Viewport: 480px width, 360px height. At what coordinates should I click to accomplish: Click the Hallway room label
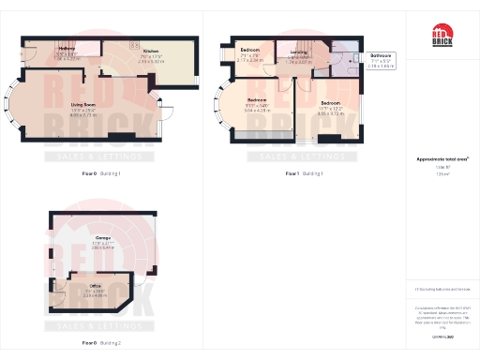(x=66, y=48)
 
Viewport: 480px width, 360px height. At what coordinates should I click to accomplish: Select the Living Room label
(x=83, y=106)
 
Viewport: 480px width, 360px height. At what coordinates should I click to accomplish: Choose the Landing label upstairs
(x=298, y=52)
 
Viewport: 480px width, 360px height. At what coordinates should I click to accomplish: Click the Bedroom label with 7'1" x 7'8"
(x=249, y=49)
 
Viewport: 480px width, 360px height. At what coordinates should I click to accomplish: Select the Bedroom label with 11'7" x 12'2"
(x=330, y=101)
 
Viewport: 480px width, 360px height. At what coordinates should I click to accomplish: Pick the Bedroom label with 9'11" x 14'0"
(x=257, y=99)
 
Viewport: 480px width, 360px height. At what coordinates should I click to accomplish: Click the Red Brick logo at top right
(x=442, y=37)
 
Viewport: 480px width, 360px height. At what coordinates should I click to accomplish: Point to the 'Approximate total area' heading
(x=442, y=159)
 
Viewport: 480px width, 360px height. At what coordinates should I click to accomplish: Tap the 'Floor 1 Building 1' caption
(x=304, y=173)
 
